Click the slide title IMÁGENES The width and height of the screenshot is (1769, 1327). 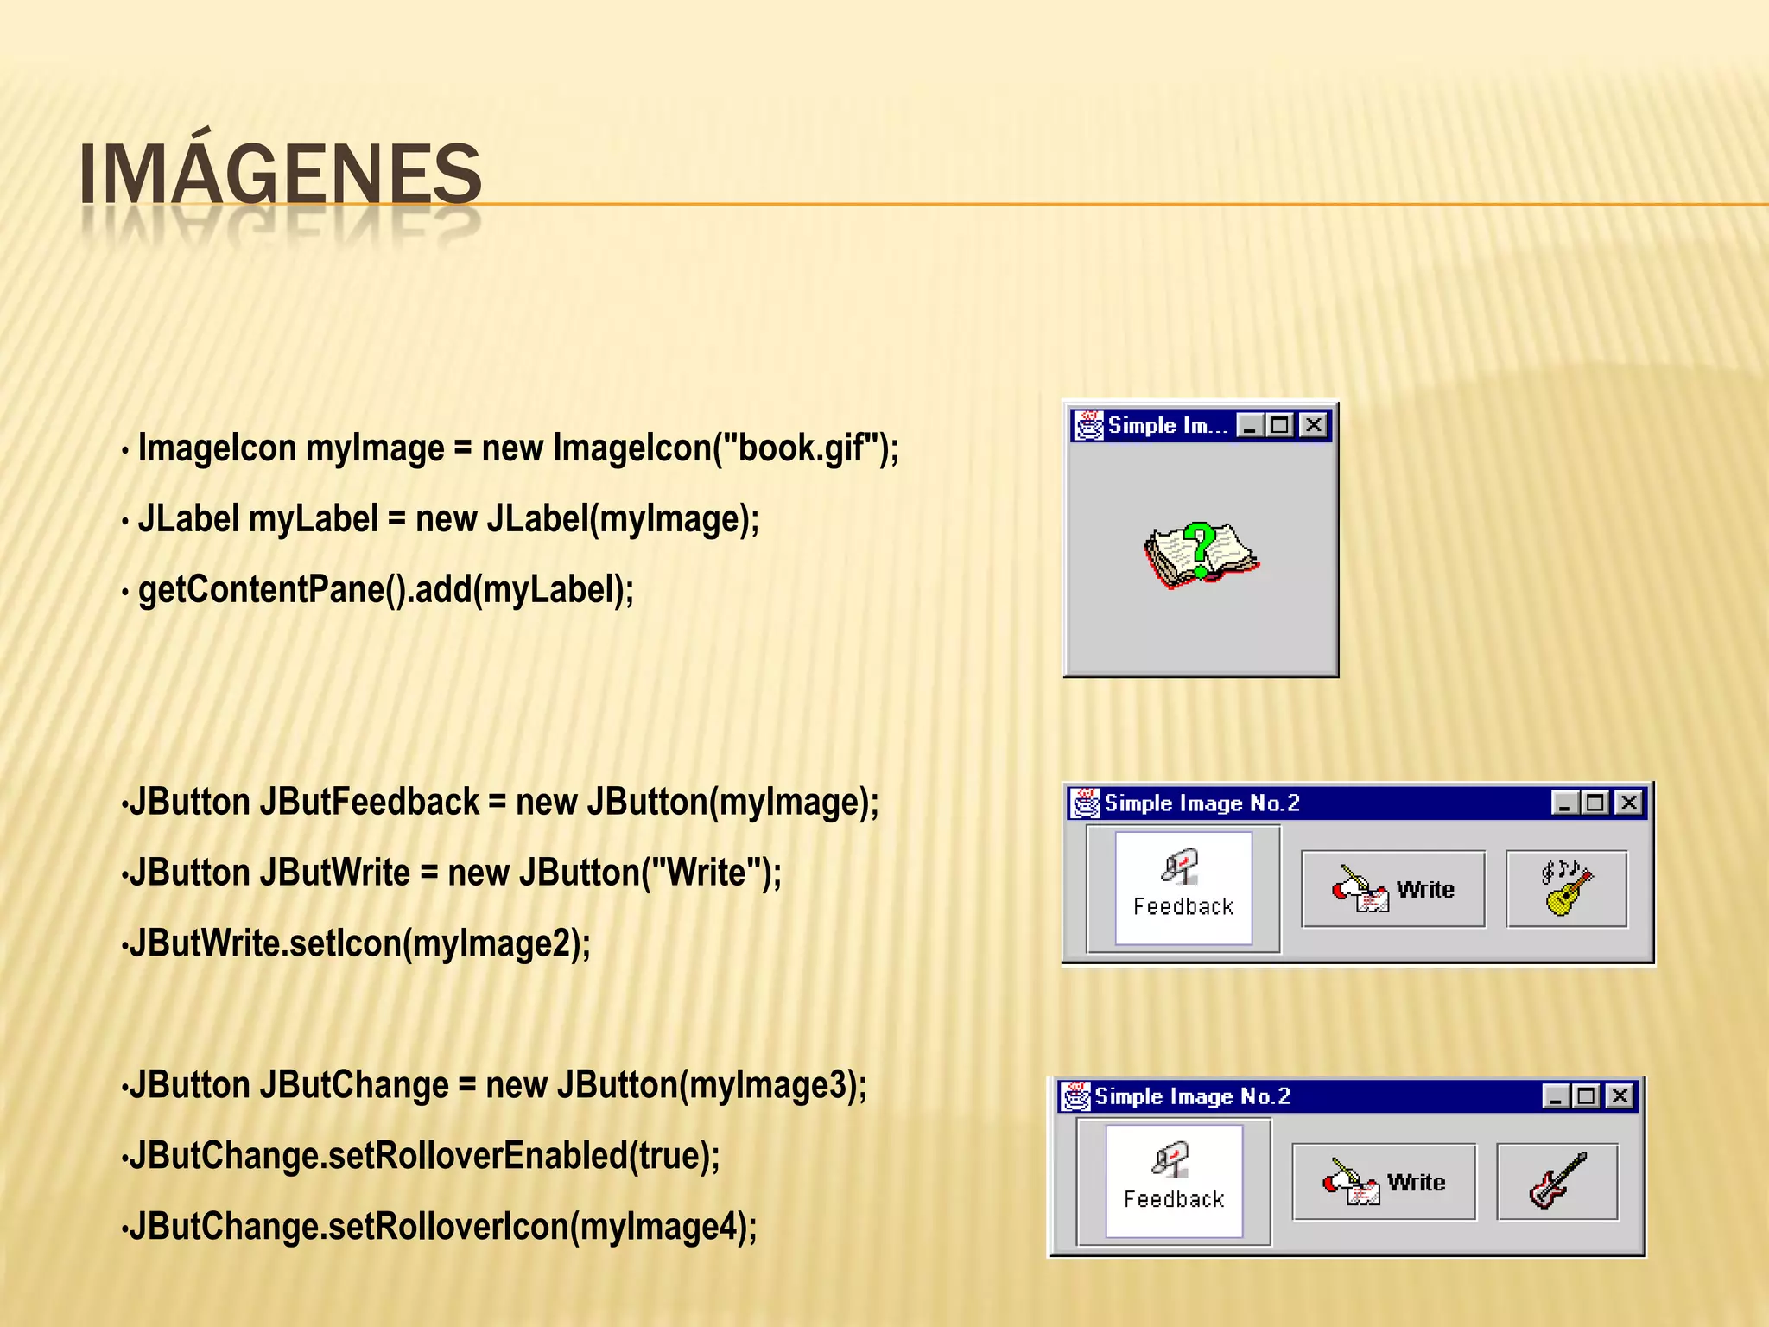pos(280,175)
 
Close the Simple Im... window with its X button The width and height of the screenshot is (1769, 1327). pos(1313,425)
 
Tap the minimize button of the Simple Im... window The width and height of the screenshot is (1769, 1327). pos(1249,425)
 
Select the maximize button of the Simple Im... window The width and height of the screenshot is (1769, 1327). pos(1281,425)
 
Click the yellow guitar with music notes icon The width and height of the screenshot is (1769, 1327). pos(1566,888)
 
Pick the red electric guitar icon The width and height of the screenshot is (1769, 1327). pos(1557,1181)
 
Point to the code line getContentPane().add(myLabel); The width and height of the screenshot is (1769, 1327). pos(385,590)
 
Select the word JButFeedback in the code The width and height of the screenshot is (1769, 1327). pos(369,802)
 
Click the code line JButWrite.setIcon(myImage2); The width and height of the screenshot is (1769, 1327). pos(359,943)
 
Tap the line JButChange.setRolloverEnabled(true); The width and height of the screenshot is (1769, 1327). pos(423,1156)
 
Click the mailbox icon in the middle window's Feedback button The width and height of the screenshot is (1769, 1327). pos(1180,867)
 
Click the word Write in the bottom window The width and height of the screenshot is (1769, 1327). pos(1417,1182)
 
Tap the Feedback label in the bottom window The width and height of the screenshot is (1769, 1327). pos(1174,1199)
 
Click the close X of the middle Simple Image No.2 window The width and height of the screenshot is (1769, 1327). pos(1628,803)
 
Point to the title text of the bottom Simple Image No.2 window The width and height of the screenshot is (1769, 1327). pos(1192,1096)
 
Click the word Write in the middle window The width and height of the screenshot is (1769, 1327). pos(1425,889)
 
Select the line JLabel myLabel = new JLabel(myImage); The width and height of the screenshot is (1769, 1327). pos(447,519)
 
